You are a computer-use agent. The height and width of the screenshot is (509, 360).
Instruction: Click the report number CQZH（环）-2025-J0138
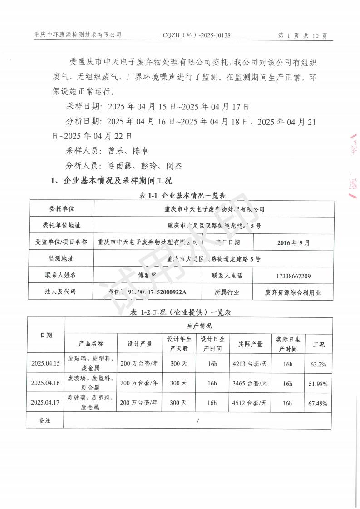(x=196, y=35)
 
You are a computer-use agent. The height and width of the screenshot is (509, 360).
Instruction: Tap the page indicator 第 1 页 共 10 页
(x=301, y=35)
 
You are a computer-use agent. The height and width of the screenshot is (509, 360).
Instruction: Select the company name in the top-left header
(x=78, y=35)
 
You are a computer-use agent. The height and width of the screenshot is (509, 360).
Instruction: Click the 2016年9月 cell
(x=293, y=242)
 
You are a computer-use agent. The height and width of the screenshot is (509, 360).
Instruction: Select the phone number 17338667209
(x=293, y=276)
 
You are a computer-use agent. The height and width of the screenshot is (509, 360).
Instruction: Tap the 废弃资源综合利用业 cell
(x=293, y=292)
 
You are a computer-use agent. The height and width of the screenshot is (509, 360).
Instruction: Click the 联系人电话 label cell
(x=227, y=276)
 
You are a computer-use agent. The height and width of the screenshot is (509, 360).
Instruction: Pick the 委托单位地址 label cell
(x=62, y=225)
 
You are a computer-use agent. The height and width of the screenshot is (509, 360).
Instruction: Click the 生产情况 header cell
(x=199, y=326)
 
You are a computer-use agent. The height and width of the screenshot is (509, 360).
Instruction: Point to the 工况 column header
(x=319, y=344)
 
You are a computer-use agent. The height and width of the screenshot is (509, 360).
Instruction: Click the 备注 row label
(x=45, y=420)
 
